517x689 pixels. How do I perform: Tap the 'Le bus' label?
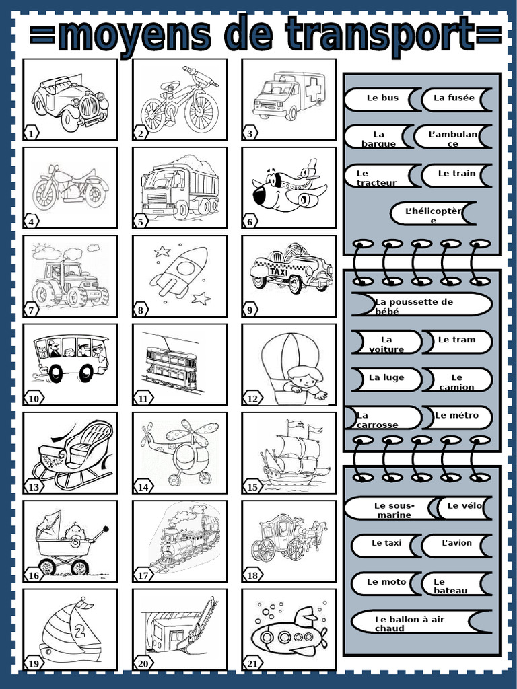(382, 98)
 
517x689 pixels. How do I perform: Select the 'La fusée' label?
(454, 98)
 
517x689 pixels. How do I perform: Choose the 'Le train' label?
(456, 174)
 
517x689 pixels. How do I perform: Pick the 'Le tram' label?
(456, 340)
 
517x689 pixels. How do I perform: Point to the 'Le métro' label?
(456, 416)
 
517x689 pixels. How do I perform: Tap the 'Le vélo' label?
(464, 506)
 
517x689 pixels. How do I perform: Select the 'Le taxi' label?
(386, 544)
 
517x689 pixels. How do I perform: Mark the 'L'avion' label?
(456, 544)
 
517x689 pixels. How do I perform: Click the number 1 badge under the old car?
(31, 134)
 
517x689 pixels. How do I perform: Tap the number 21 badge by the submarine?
(250, 664)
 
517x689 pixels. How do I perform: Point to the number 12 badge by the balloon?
(252, 399)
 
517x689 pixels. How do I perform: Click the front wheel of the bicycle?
(201, 112)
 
